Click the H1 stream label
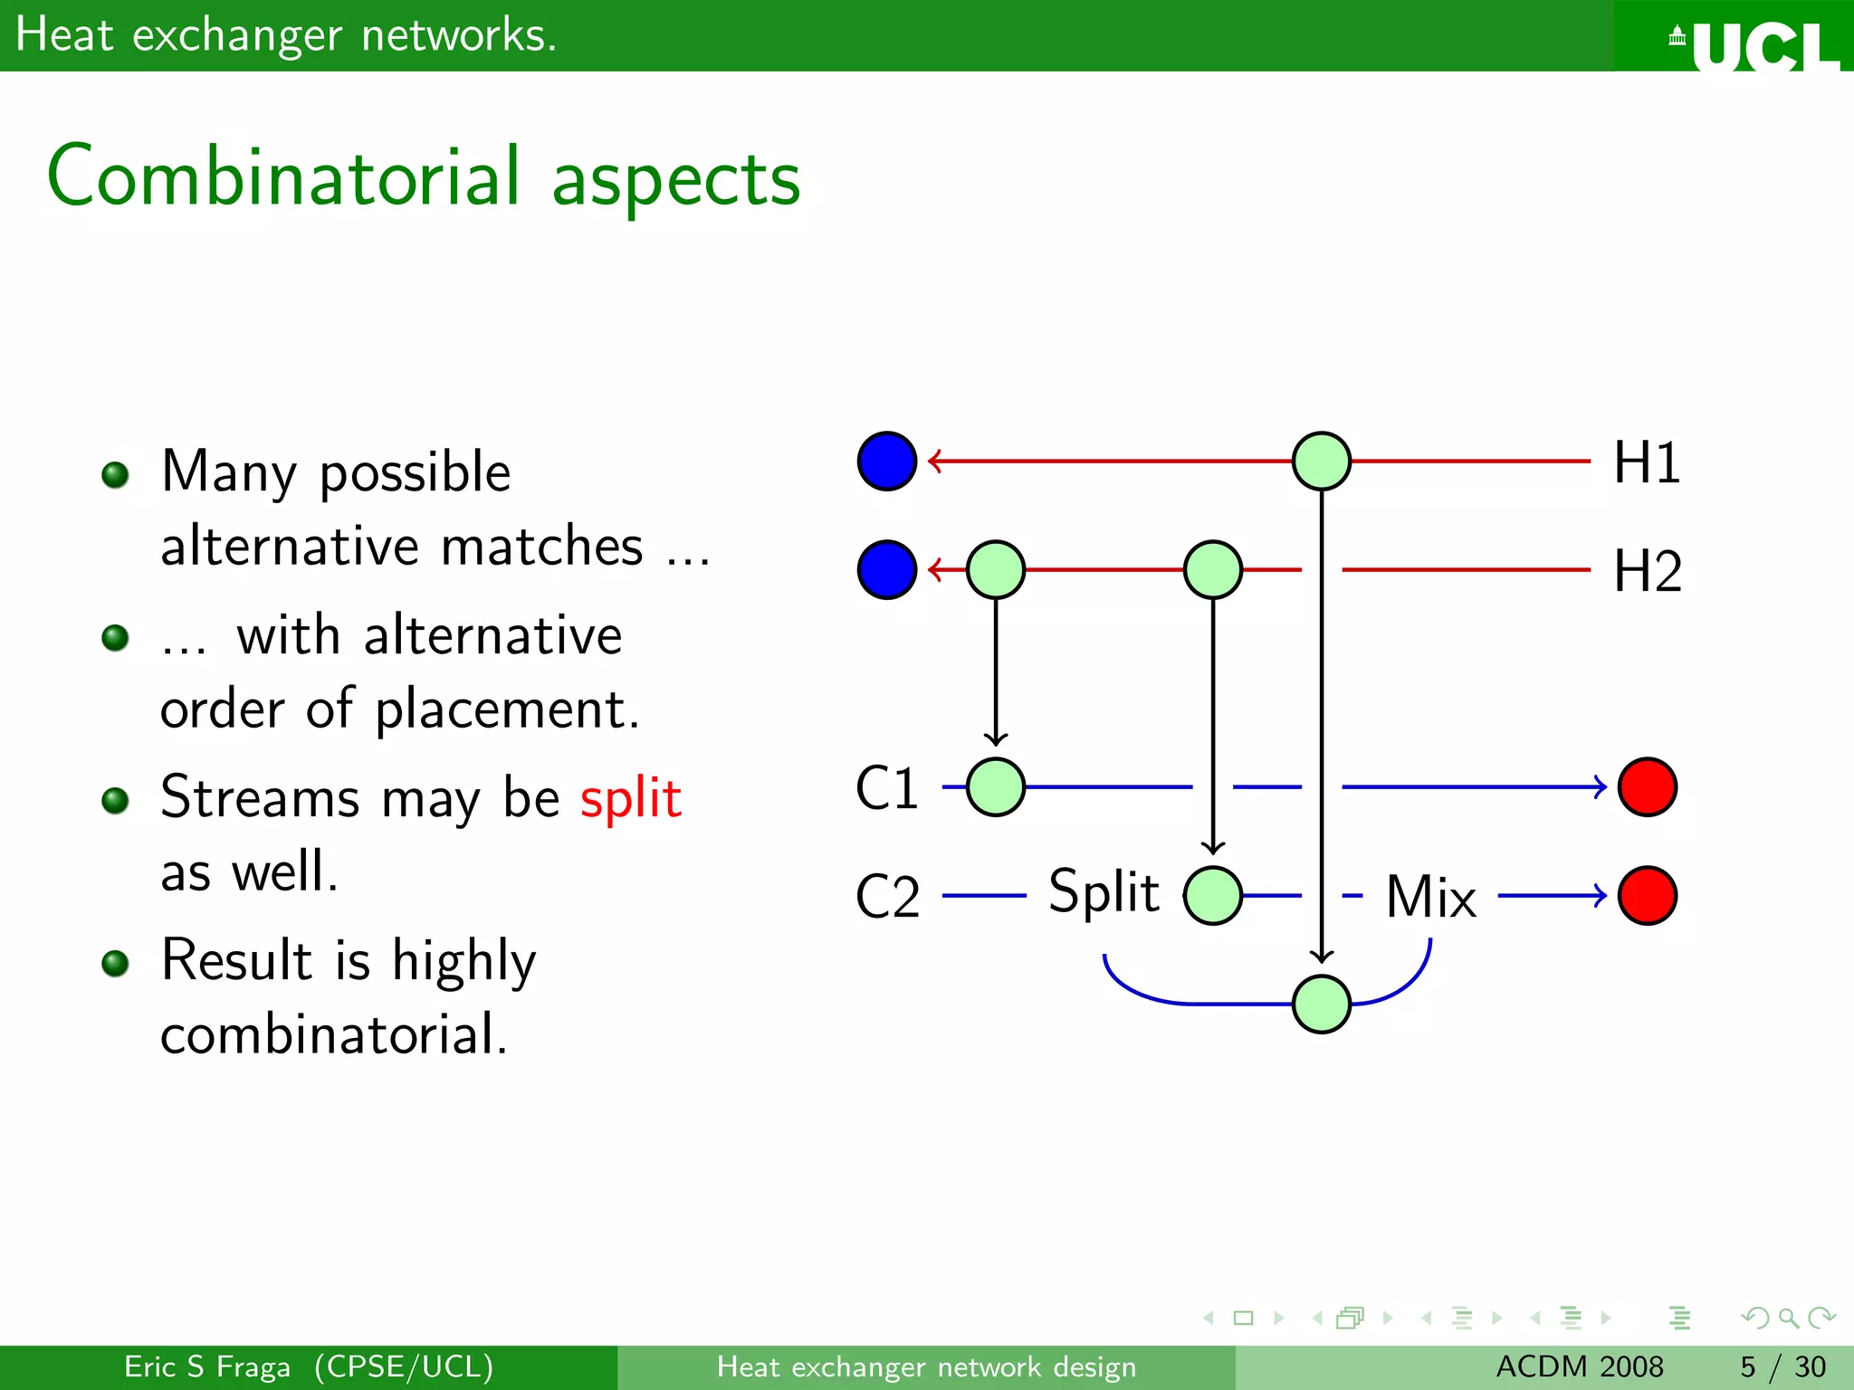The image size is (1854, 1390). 1647,462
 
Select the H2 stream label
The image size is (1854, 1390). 1647,571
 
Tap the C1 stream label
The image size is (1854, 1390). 887,787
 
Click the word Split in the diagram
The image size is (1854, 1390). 1104,891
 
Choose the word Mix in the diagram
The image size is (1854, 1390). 1430,897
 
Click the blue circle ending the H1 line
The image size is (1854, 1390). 887,462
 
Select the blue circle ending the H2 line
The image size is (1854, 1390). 887,570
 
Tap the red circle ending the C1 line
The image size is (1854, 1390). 1648,787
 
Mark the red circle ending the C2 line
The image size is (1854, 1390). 1648,896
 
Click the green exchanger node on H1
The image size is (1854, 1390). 1322,462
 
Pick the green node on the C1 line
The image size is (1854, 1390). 996,787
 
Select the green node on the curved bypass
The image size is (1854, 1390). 1322,1004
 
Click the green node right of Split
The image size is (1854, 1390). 1213,896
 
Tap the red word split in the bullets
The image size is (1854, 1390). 630,798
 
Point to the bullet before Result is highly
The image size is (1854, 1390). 115,963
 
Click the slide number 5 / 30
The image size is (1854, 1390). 1782,1366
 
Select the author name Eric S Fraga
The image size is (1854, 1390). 207,1366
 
